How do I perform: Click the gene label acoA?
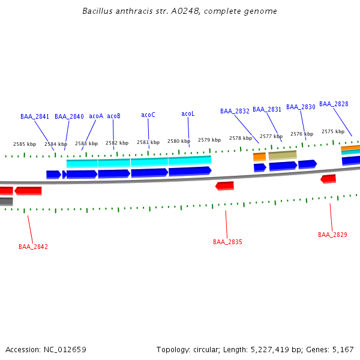click(x=96, y=116)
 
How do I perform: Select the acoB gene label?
click(x=113, y=116)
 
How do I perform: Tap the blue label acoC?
click(x=148, y=115)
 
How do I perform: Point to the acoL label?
click(x=188, y=114)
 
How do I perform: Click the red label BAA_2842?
click(x=33, y=247)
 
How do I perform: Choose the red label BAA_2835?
click(x=227, y=242)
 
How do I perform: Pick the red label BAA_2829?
click(x=332, y=235)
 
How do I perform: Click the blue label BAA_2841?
click(x=35, y=116)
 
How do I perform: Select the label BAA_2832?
click(x=235, y=111)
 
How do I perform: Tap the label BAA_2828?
click(x=334, y=104)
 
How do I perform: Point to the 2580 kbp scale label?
click(x=179, y=141)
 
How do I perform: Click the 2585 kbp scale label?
click(x=25, y=144)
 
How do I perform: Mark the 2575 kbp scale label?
click(x=332, y=131)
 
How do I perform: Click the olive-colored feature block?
click(x=283, y=155)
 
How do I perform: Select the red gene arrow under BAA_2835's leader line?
click(x=224, y=186)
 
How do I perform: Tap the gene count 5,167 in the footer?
click(x=342, y=349)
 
